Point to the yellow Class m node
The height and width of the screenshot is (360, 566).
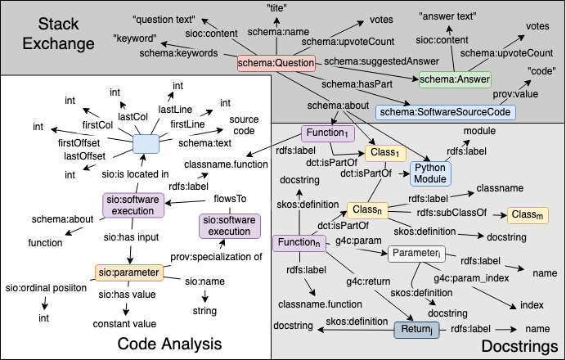coord(528,214)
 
